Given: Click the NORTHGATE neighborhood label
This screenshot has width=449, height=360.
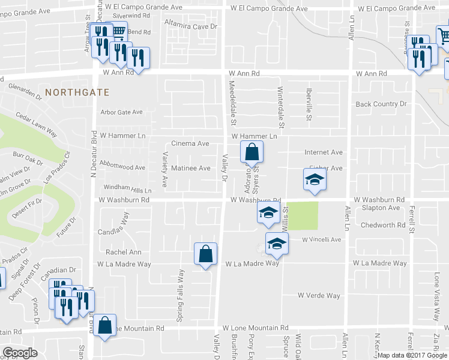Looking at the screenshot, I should click(x=77, y=92).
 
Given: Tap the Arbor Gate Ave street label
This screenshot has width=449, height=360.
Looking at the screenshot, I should click(x=122, y=112).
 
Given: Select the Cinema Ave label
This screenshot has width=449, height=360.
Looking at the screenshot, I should click(x=190, y=144).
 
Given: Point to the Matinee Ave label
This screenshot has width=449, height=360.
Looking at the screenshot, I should click(x=190, y=169).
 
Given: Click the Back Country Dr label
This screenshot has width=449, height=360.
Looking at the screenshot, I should click(x=381, y=104).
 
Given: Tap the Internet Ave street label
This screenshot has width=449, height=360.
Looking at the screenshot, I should click(x=323, y=153).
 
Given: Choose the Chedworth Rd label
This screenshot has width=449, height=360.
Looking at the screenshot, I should click(x=384, y=226).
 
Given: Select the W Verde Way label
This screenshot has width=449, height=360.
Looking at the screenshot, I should click(x=319, y=296).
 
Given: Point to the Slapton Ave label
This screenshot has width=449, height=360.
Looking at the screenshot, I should click(x=381, y=208).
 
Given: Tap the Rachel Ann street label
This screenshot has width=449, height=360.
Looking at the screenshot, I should click(x=123, y=253).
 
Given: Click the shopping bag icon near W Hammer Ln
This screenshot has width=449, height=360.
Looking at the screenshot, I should click(x=252, y=152).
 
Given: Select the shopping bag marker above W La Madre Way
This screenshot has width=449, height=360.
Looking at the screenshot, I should click(x=206, y=254).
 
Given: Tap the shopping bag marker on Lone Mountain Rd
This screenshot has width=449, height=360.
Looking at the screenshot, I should click(x=106, y=326).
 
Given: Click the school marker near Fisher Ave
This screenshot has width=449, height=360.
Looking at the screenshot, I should click(x=314, y=180).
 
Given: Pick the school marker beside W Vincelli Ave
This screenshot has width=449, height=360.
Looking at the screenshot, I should click(x=277, y=244).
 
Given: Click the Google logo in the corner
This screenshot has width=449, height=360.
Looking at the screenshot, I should click(x=20, y=353).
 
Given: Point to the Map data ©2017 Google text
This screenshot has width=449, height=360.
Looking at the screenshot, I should click(x=411, y=355).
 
